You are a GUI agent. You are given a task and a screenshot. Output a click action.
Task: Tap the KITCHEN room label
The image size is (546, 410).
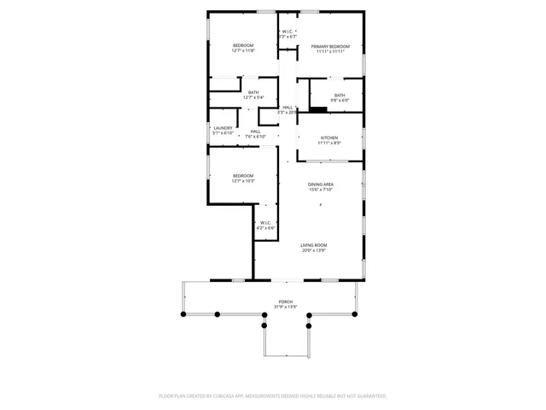click(329, 138)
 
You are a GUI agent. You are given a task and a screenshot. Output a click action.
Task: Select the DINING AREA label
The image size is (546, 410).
click(321, 184)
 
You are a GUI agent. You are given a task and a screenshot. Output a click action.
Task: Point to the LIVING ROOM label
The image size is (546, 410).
click(314, 245)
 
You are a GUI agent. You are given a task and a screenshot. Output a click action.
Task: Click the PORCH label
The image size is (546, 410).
click(285, 302)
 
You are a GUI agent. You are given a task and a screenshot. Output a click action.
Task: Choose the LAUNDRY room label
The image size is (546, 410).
click(223, 128)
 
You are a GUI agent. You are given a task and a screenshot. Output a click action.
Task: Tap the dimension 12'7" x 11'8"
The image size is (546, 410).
click(243, 51)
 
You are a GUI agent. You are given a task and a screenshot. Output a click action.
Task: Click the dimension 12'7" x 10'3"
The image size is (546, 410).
click(243, 181)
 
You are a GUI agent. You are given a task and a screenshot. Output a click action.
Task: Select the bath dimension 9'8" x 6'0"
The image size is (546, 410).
click(340, 101)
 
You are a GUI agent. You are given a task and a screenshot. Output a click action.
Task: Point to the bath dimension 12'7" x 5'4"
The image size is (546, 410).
click(253, 97)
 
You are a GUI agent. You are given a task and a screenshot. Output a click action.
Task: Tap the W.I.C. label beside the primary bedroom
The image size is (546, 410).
click(288, 32)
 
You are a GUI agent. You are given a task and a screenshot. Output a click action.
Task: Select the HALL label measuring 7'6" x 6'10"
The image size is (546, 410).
click(255, 132)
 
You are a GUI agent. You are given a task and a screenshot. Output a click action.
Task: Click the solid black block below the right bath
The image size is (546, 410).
click(317, 108)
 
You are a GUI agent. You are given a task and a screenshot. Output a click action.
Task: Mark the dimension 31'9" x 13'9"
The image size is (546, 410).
click(285, 307)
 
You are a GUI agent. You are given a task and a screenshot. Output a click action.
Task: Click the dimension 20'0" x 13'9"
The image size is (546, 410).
click(314, 250)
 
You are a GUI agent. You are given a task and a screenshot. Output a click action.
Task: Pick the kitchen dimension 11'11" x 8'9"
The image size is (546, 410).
click(329, 143)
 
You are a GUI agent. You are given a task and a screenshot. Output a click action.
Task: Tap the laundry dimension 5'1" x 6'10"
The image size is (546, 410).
click(223, 133)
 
